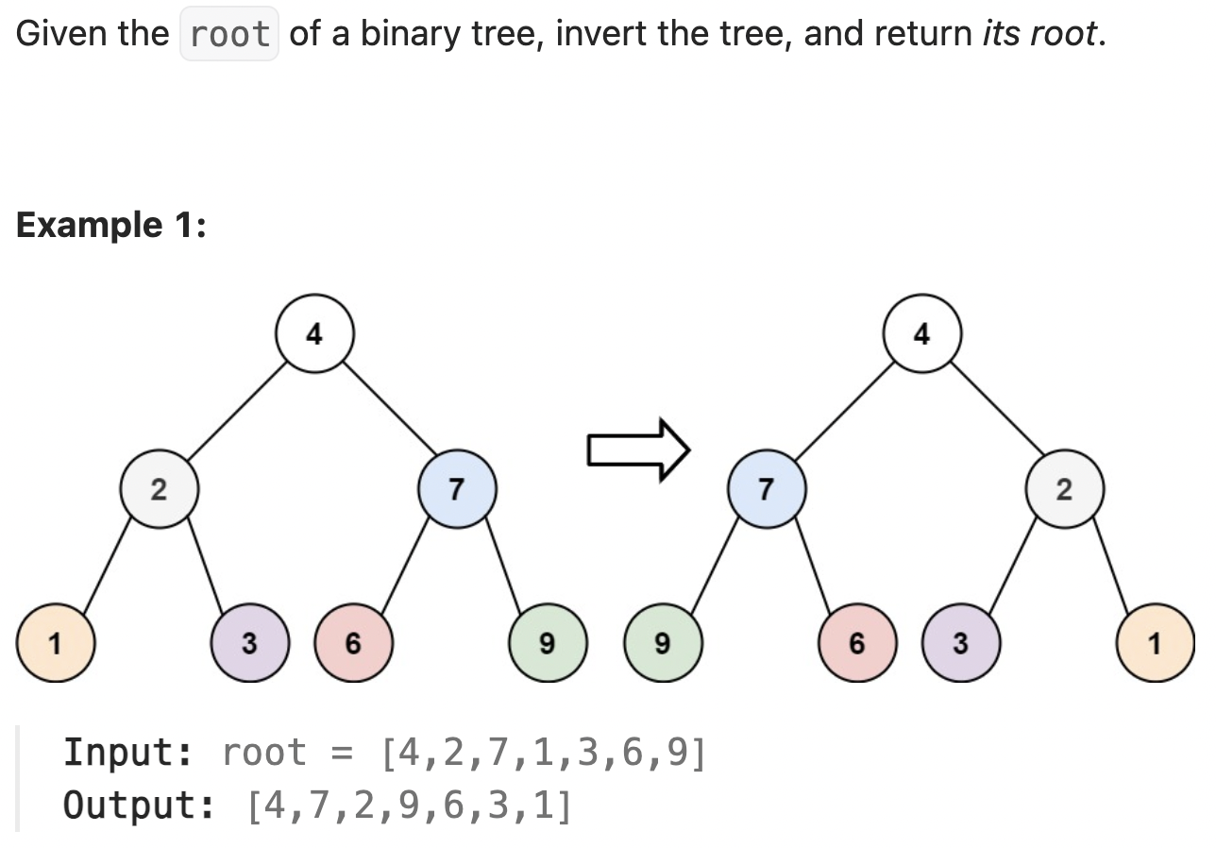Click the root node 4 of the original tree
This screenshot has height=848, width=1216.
click(314, 334)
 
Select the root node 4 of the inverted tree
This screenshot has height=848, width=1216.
click(921, 334)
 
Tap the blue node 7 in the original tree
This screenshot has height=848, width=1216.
click(458, 489)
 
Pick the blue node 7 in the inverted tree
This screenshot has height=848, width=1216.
click(767, 489)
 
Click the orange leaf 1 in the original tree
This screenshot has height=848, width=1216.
click(55, 644)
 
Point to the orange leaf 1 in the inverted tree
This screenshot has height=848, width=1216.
click(1154, 644)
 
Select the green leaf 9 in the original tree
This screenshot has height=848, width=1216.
click(547, 644)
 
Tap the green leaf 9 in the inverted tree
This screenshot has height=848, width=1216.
click(662, 644)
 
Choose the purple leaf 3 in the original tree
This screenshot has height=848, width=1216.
click(248, 644)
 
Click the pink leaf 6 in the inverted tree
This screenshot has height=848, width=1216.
click(856, 644)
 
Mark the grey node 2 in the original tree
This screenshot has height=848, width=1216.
click(158, 489)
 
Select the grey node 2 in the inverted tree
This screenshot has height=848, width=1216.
click(1065, 489)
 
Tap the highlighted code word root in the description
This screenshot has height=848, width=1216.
click(229, 35)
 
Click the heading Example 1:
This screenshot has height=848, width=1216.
click(111, 225)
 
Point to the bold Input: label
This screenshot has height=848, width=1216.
click(128, 754)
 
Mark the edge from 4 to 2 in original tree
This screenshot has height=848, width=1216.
click(236, 412)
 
